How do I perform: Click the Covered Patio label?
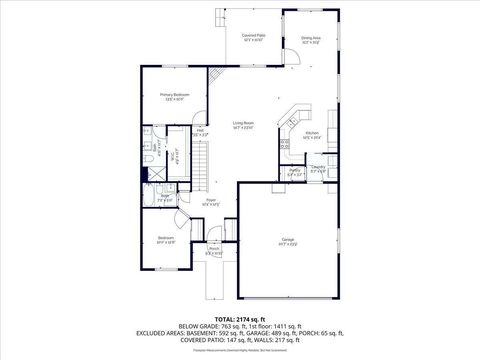click(253, 36)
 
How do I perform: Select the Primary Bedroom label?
click(174, 96)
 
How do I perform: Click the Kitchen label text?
click(311, 134)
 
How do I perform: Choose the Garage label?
click(288, 240)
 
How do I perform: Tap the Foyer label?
click(211, 201)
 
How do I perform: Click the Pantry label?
click(295, 172)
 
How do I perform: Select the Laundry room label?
click(317, 168)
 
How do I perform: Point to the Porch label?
click(214, 250)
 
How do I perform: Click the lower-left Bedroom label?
click(165, 239)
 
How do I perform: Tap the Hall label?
click(200, 131)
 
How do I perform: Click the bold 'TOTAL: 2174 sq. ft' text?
click(239, 316)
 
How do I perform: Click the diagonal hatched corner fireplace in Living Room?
click(215, 75)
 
